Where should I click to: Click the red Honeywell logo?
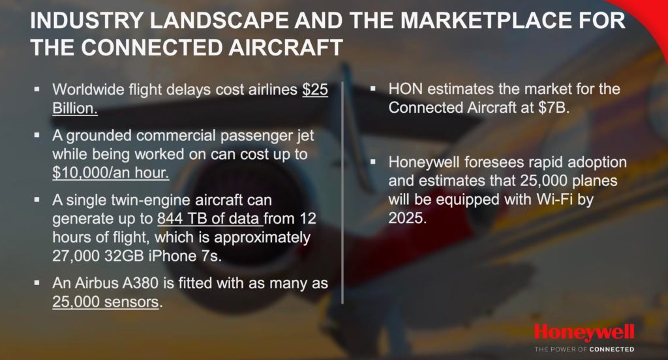point(584,333)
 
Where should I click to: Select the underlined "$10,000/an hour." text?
point(111,173)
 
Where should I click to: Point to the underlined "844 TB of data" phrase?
point(209,218)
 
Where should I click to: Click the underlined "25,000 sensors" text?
point(106,302)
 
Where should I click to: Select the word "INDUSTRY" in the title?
point(85,20)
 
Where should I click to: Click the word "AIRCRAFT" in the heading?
point(286,48)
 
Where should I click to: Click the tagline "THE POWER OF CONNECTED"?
point(584,350)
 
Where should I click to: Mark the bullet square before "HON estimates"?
point(373,89)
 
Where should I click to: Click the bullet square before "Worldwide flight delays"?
point(37,89)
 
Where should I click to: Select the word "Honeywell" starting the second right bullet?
point(424,162)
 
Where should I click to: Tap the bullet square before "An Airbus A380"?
point(37,283)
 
